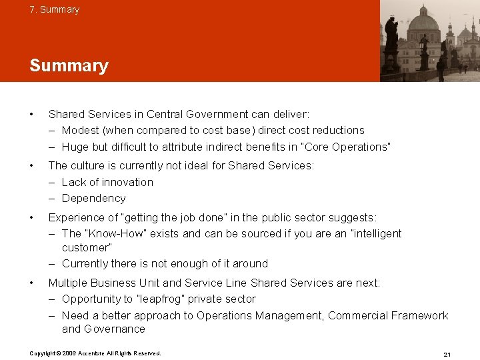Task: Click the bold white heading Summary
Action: pos(69,65)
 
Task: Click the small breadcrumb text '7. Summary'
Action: pos(54,9)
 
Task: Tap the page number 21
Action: pos(447,353)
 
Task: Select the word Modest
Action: pos(81,130)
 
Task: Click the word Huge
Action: pos(75,146)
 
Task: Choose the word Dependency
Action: pos(93,198)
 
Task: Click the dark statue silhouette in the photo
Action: pos(391,40)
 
